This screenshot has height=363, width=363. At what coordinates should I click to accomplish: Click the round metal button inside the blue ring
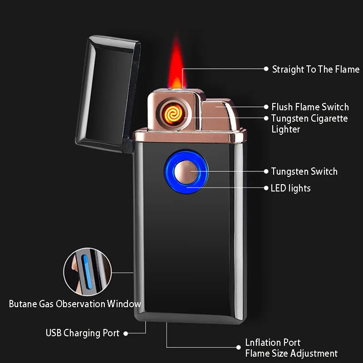tap(186, 172)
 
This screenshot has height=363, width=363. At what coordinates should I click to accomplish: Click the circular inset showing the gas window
tap(87, 272)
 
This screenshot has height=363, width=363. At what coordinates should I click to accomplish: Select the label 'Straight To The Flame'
tap(315, 69)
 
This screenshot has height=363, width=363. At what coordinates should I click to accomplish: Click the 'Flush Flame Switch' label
tap(310, 107)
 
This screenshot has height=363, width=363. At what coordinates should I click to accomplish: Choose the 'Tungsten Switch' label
tap(304, 172)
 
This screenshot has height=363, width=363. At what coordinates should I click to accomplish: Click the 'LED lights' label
tap(290, 188)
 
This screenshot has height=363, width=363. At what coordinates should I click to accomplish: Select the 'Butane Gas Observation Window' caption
tap(75, 304)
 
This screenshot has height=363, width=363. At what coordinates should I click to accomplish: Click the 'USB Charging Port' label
tap(82, 333)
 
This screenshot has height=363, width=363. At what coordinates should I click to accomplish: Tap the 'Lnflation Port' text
tap(273, 343)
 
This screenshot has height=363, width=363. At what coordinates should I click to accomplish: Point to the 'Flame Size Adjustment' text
tap(291, 353)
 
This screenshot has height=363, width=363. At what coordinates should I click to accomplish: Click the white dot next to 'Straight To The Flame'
tap(266, 69)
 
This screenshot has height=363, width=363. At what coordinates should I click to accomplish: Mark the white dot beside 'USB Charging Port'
tap(126, 333)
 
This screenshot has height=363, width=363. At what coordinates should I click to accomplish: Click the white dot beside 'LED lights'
tap(266, 188)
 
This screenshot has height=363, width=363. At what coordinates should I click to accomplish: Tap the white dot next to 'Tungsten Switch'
tap(266, 172)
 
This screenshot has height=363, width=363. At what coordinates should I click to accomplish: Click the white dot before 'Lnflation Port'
tap(240, 348)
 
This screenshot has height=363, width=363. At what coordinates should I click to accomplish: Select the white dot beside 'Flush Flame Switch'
tap(267, 107)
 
